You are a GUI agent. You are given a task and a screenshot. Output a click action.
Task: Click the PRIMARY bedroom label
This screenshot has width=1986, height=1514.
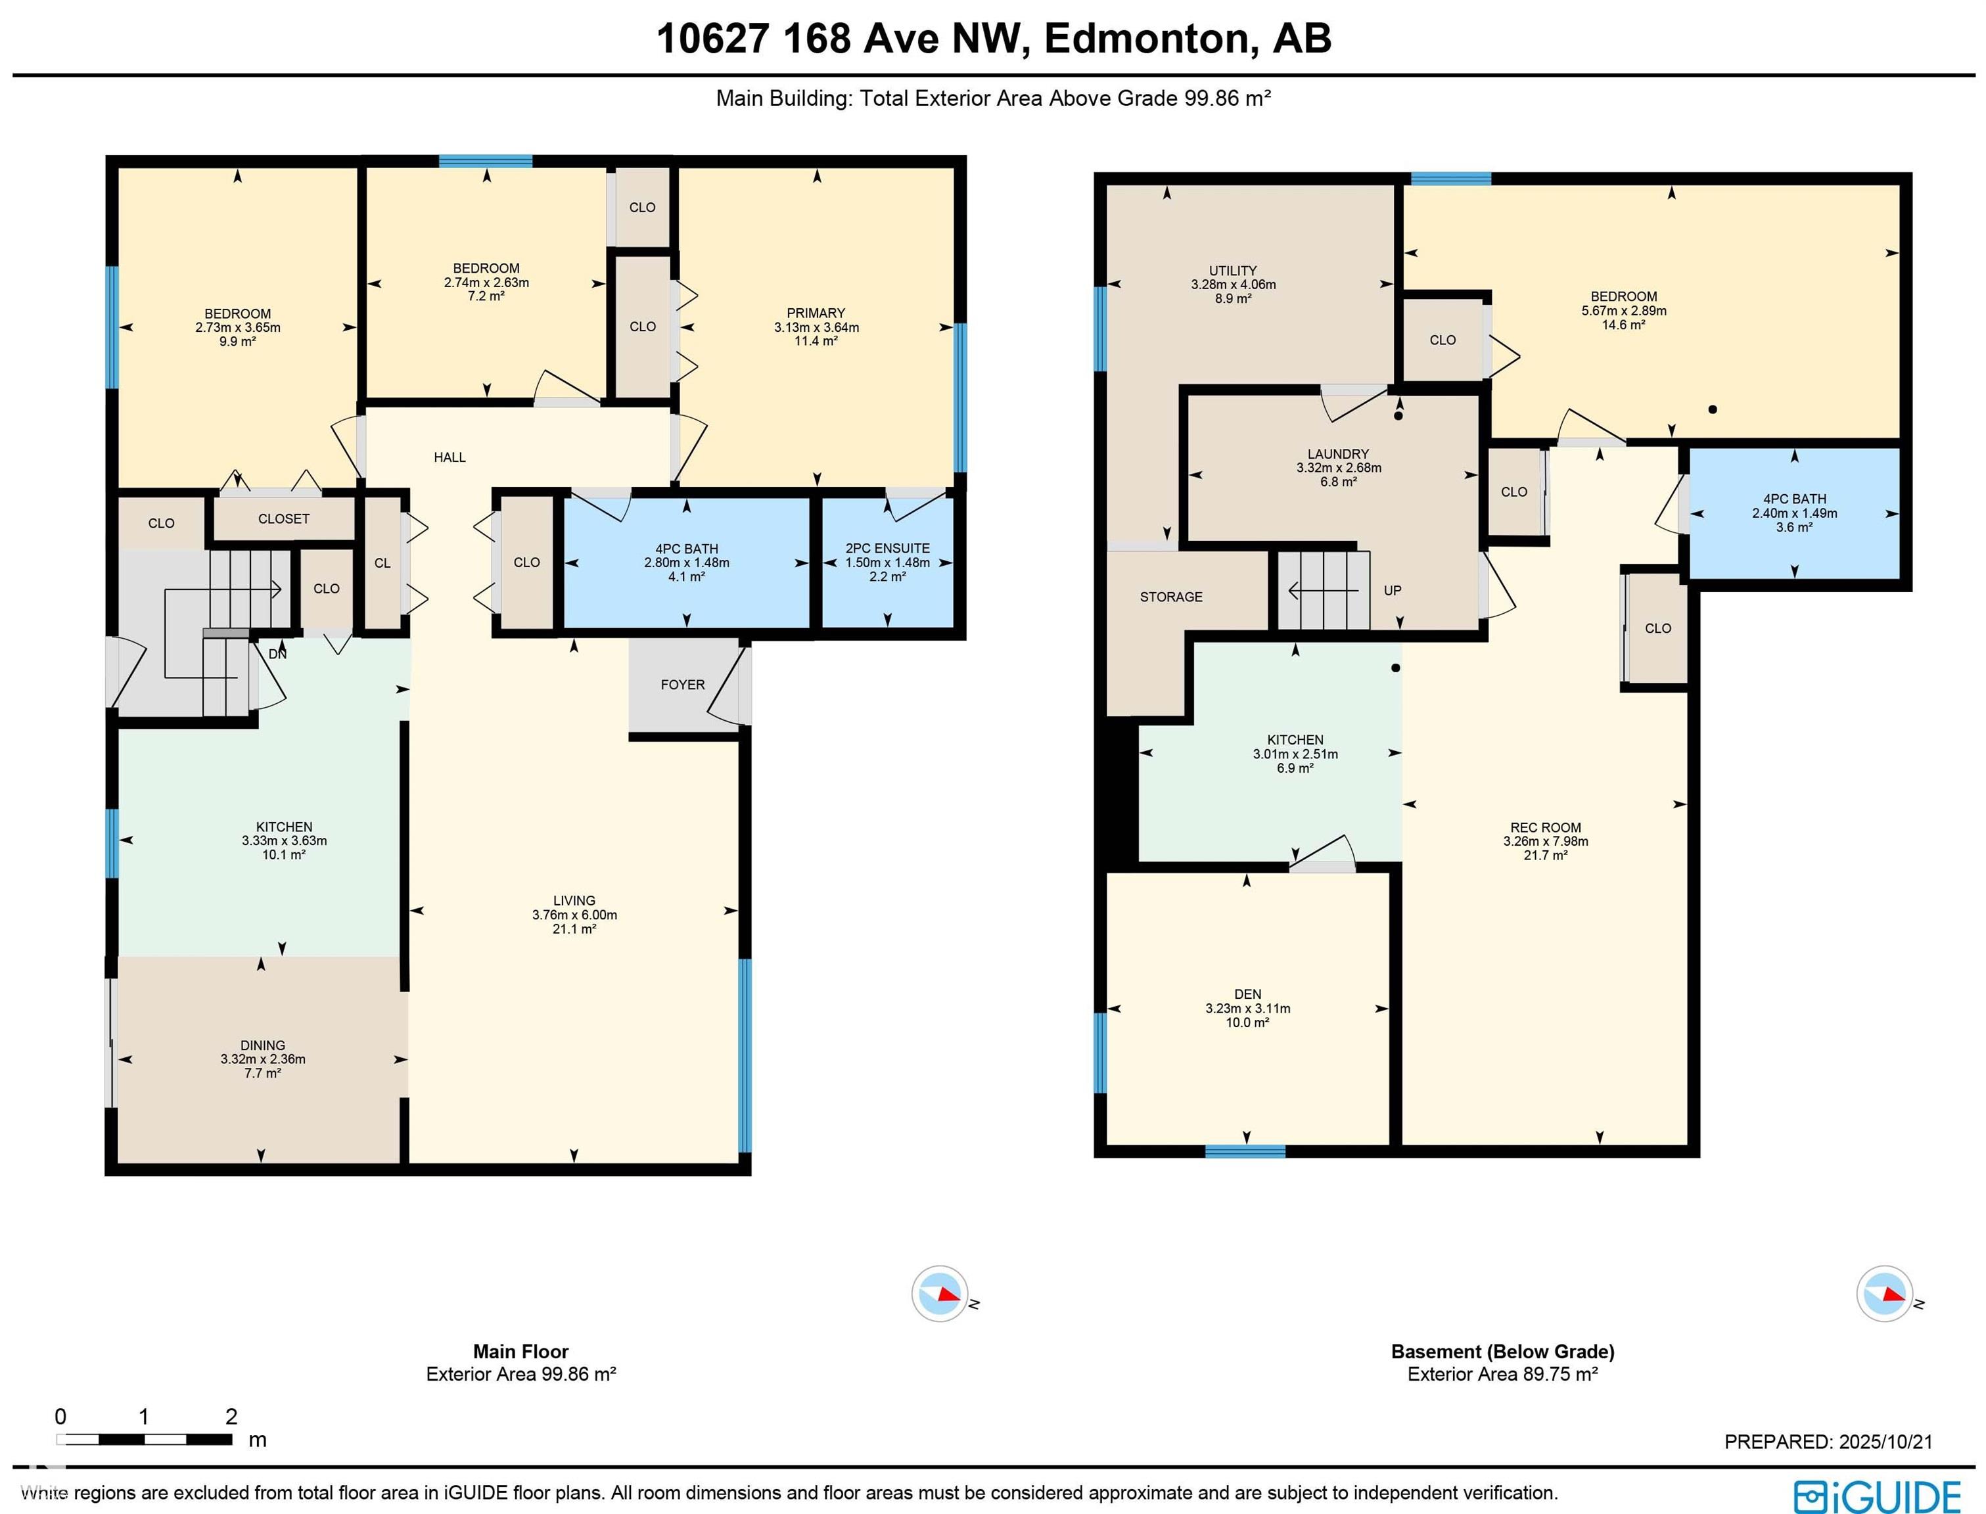tap(816, 313)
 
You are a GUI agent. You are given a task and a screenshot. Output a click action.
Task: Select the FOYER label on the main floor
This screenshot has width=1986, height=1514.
tap(682, 685)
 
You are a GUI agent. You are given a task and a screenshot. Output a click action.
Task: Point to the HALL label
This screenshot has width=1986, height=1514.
tap(450, 457)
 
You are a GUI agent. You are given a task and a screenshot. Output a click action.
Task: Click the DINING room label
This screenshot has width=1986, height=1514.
tap(262, 1045)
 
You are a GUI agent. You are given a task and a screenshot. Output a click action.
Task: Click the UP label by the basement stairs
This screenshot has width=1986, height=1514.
tap(1392, 590)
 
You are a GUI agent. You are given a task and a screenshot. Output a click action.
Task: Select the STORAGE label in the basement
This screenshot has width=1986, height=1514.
tap(1170, 597)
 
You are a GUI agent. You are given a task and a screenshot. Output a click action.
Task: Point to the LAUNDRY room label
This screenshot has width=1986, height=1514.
tap(1338, 454)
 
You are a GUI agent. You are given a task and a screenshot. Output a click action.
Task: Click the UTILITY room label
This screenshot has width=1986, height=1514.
tap(1233, 270)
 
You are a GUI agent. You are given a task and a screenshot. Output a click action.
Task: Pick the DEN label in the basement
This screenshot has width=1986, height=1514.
tap(1247, 994)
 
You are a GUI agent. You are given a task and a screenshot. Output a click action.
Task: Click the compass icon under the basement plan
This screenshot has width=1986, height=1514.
tap(1885, 1294)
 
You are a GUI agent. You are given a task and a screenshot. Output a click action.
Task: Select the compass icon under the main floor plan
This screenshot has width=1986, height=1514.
tap(940, 1294)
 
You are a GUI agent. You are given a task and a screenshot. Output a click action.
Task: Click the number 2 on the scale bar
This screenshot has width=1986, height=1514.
tap(231, 1416)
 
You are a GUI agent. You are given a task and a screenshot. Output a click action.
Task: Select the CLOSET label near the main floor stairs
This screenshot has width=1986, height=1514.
tap(284, 518)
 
